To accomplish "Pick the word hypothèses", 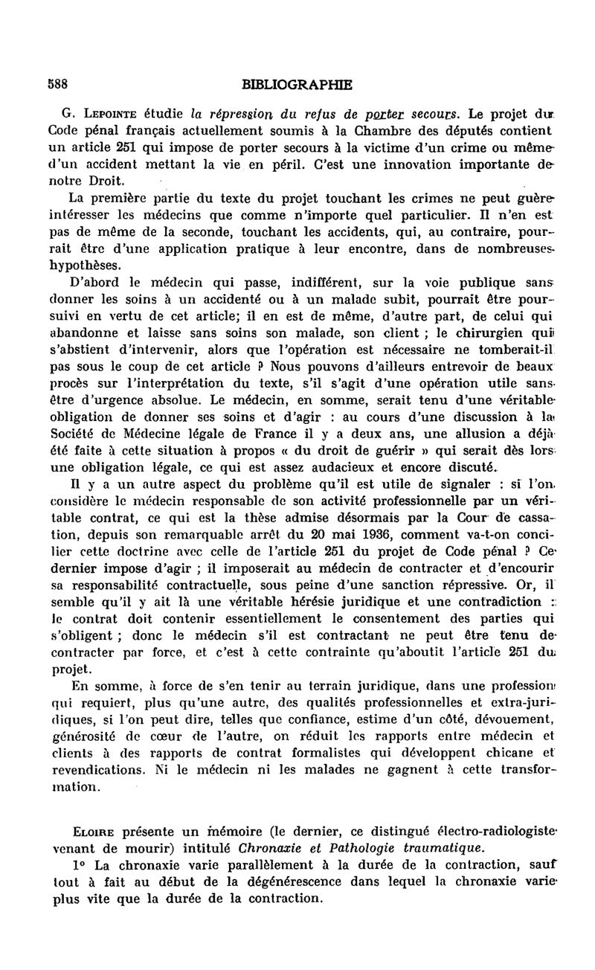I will [x=88, y=265].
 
